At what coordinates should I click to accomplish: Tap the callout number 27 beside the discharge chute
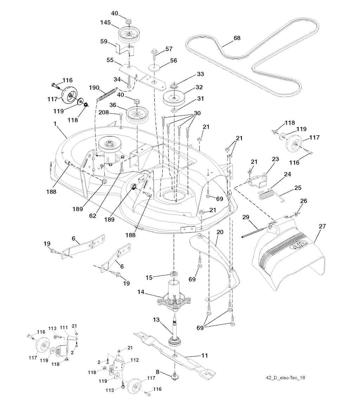[x=322, y=227]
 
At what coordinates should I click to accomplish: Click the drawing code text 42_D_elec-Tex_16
[x=285, y=378]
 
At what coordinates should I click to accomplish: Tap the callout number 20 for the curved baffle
[x=220, y=233]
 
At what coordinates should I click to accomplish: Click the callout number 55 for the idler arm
[x=110, y=60]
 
